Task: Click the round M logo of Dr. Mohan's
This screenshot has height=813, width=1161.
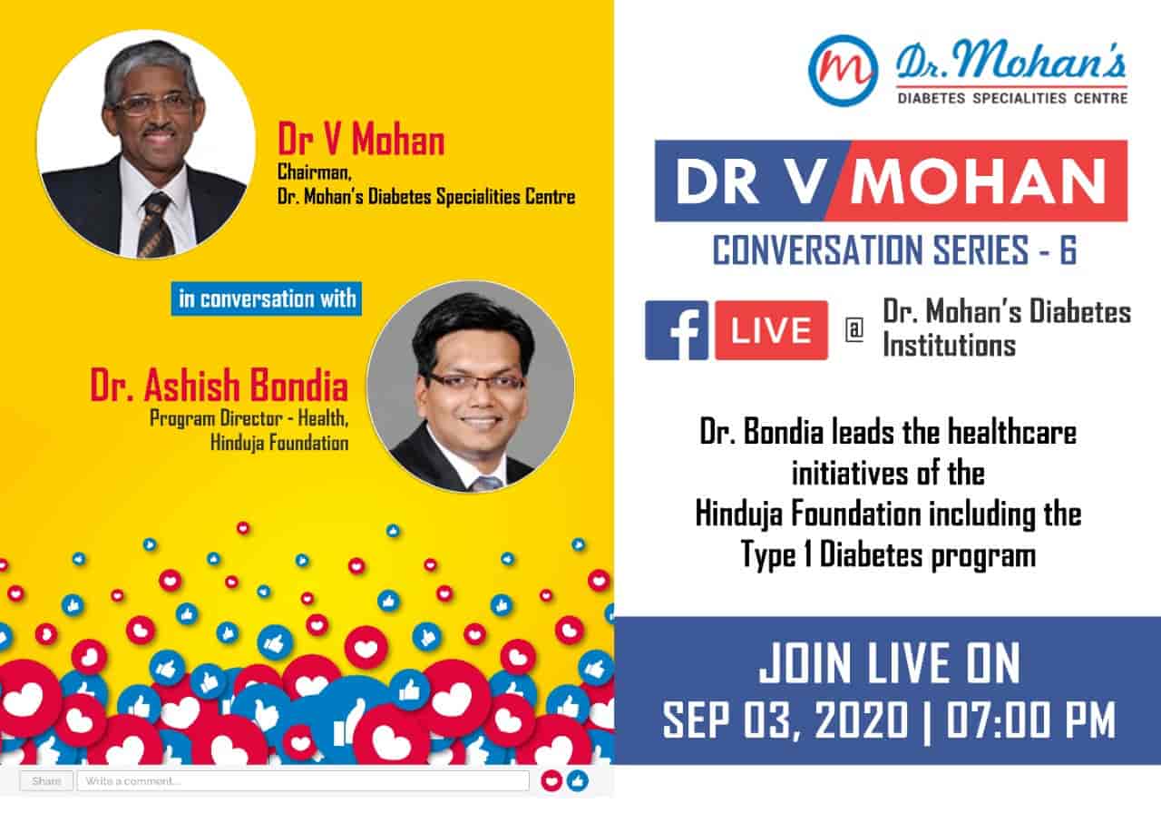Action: (x=843, y=70)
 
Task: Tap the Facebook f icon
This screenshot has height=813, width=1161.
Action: (x=677, y=330)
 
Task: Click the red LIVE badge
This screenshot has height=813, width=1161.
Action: (x=771, y=330)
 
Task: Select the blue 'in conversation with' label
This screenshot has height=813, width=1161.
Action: (x=267, y=299)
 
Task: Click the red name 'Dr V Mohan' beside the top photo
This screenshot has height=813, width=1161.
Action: (x=361, y=142)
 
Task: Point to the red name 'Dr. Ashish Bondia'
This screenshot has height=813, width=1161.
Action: (x=219, y=387)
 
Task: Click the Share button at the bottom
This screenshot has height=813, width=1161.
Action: (x=46, y=781)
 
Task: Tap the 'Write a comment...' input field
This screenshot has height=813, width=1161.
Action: (x=303, y=781)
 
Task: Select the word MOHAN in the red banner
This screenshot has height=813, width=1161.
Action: (x=977, y=182)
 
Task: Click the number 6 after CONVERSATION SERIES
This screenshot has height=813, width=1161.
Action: (x=1067, y=251)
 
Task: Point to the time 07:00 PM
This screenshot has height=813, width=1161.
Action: (x=1031, y=720)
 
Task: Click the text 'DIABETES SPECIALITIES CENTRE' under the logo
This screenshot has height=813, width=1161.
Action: (x=1011, y=97)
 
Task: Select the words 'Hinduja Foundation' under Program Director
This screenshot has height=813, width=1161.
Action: (x=279, y=444)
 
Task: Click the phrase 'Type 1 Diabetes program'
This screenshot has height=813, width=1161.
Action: (x=888, y=555)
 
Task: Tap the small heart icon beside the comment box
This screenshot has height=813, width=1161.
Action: (x=551, y=781)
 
